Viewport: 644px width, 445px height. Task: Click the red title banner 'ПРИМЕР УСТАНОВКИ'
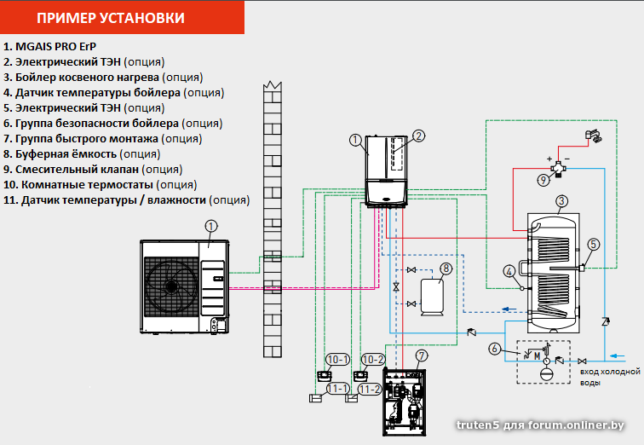122,17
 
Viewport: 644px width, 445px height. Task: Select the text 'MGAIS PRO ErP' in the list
56,46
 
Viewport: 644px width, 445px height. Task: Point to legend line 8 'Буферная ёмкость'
82,154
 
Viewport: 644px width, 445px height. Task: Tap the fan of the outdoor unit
171,286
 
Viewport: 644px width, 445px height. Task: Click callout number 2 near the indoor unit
418,136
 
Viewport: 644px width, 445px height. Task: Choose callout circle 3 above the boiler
561,201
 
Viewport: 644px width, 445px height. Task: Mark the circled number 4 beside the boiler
509,272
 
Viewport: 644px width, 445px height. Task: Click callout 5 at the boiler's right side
594,245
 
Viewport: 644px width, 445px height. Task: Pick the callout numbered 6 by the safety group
494,349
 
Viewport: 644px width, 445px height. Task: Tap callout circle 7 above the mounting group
422,355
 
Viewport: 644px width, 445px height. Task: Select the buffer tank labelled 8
432,298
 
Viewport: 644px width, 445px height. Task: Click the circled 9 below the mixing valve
543,180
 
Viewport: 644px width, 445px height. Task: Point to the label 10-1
337,360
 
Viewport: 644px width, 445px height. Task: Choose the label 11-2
370,389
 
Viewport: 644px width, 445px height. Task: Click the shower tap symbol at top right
593,136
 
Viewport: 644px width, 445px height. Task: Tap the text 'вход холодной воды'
610,377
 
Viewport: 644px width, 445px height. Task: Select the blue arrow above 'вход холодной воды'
617,355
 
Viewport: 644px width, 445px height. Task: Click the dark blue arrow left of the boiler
509,309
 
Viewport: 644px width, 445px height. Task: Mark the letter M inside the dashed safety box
537,356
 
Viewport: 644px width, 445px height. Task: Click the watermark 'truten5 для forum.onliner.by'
540,425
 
